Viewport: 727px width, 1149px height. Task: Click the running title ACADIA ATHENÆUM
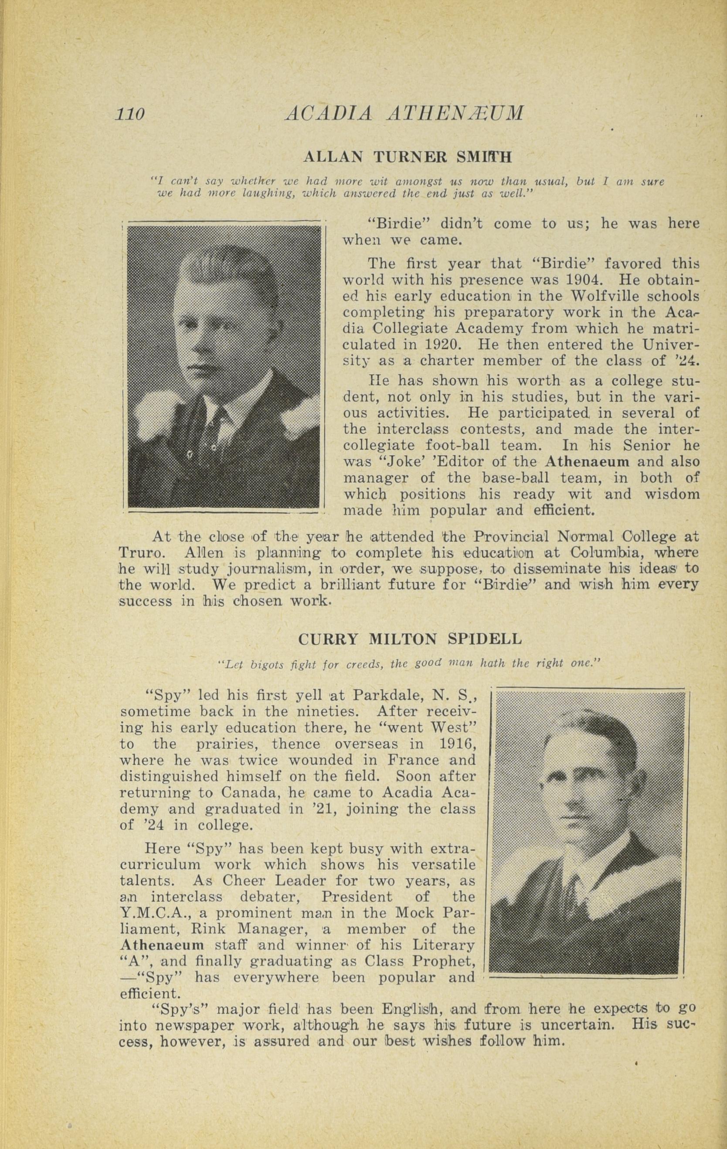point(404,113)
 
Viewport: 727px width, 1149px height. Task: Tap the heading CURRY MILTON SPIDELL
point(409,639)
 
